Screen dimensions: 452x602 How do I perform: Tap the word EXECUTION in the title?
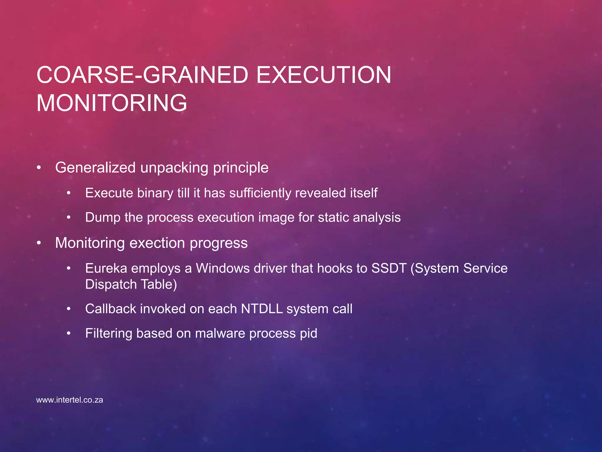pyautogui.click(x=324, y=75)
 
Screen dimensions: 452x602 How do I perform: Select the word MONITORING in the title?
pyautogui.click(x=112, y=103)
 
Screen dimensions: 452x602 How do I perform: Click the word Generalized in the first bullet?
pyautogui.click(x=95, y=167)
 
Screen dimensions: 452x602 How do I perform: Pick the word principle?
pyautogui.click(x=241, y=168)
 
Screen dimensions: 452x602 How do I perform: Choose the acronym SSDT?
pyautogui.click(x=389, y=268)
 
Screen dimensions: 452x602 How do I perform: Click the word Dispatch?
pyautogui.click(x=111, y=285)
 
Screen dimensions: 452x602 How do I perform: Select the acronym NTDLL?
pyautogui.click(x=262, y=309)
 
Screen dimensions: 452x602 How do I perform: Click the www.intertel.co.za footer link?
pyautogui.click(x=70, y=400)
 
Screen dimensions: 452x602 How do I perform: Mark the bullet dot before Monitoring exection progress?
pyautogui.click(x=39, y=243)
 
